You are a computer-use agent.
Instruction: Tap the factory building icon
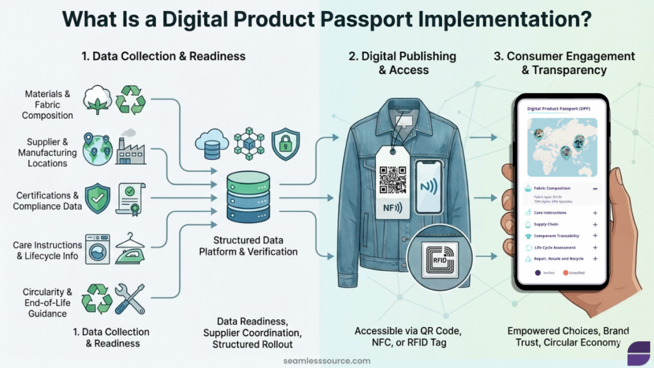pyautogui.click(x=131, y=149)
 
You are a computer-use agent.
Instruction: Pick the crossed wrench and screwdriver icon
pyautogui.click(x=130, y=298)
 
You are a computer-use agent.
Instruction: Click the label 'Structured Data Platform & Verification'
pyautogui.click(x=249, y=246)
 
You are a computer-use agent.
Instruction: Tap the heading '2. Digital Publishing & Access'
pyautogui.click(x=402, y=63)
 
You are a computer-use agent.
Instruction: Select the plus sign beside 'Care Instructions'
pyautogui.click(x=595, y=212)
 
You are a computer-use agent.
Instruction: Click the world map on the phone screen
pyautogui.click(x=559, y=147)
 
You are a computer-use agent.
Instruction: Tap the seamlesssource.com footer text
pyautogui.click(x=326, y=360)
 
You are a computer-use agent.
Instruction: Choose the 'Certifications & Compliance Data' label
pyautogui.click(x=47, y=201)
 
